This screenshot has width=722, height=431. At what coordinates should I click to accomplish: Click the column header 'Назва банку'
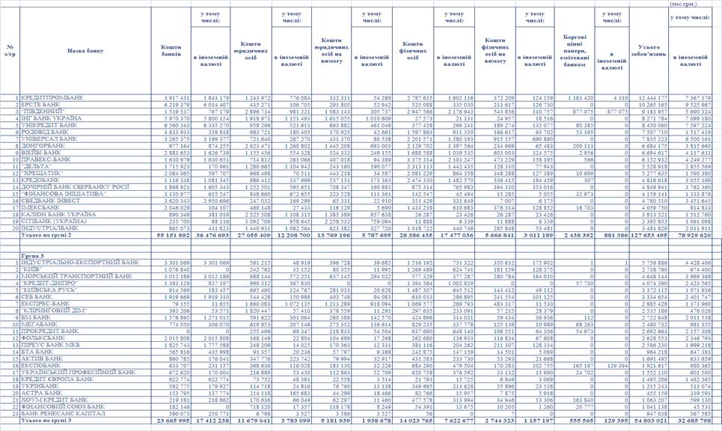coord(85,51)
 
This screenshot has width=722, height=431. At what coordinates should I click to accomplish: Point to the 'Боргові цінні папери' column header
coord(575,51)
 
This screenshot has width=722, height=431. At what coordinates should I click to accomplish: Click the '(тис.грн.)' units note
coord(685,4)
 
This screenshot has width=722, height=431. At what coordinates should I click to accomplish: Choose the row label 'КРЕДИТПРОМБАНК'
coord(52,98)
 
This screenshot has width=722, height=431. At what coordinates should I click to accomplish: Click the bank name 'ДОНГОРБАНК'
coord(44,146)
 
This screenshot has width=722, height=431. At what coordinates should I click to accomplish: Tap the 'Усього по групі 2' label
coord(45,234)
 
